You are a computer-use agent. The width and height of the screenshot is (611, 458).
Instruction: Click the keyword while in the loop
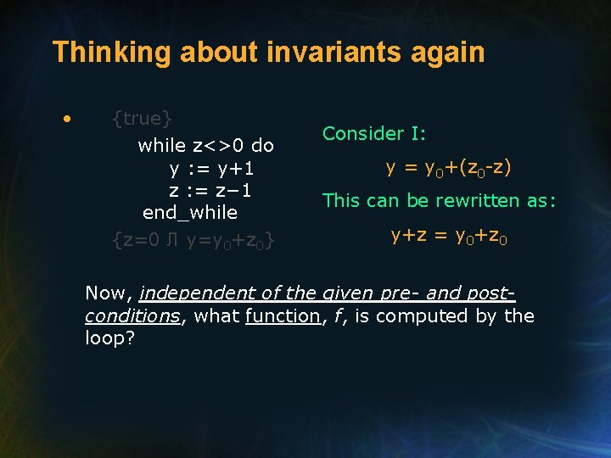pyautogui.click(x=161, y=145)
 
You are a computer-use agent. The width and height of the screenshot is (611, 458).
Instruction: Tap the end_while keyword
pyautogui.click(x=190, y=212)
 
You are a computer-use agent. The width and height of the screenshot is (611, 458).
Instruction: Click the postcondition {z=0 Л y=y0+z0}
pyautogui.click(x=193, y=241)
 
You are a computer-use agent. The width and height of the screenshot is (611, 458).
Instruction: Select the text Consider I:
pyautogui.click(x=374, y=133)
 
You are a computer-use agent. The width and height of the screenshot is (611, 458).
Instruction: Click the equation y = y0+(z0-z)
pyautogui.click(x=449, y=168)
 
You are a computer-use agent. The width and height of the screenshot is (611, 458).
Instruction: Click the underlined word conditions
pyautogui.click(x=131, y=316)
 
